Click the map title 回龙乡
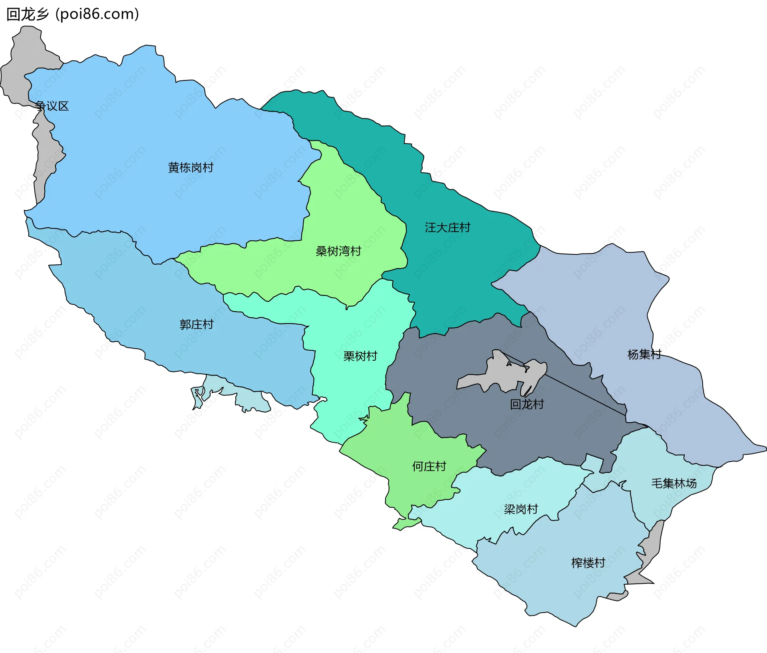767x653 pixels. (x=27, y=14)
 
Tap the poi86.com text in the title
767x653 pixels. (x=97, y=14)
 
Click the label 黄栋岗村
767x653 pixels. (x=191, y=168)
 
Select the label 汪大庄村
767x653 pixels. (x=447, y=228)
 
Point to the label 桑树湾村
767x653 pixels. (x=338, y=251)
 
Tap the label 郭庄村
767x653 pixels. (x=197, y=324)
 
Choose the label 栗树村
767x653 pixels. (x=360, y=356)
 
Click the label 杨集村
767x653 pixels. (x=644, y=354)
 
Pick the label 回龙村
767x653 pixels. (x=527, y=404)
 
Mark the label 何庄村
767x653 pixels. (x=429, y=466)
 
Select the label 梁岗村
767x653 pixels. (x=521, y=509)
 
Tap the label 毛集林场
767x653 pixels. (x=674, y=483)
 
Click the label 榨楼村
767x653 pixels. (x=588, y=563)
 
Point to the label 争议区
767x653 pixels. (x=52, y=106)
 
